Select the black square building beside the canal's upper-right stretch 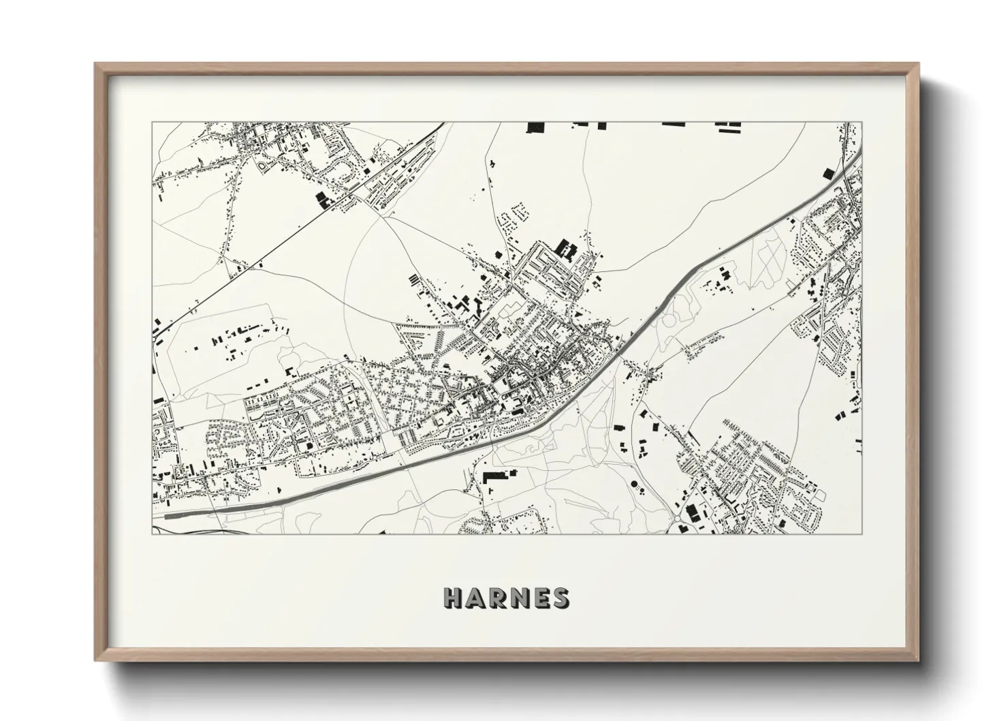click(x=828, y=173)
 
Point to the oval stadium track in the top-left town click(x=264, y=166)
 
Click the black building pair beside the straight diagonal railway click(x=321, y=199)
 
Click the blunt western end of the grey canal click(x=168, y=518)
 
